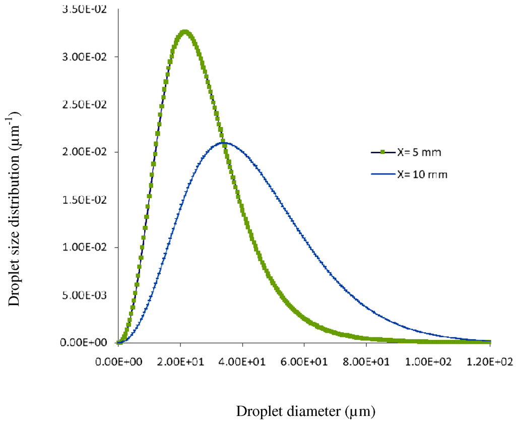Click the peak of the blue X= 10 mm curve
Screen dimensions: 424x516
click(x=223, y=143)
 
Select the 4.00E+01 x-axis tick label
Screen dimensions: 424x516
click(x=242, y=362)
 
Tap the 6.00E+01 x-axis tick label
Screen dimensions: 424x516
click(x=304, y=362)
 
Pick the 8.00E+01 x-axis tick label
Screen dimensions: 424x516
click(x=366, y=362)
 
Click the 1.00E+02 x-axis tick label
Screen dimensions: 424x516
click(x=428, y=362)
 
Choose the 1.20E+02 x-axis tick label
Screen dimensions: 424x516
click(x=490, y=362)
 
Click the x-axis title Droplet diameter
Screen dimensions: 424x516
click(x=306, y=411)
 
